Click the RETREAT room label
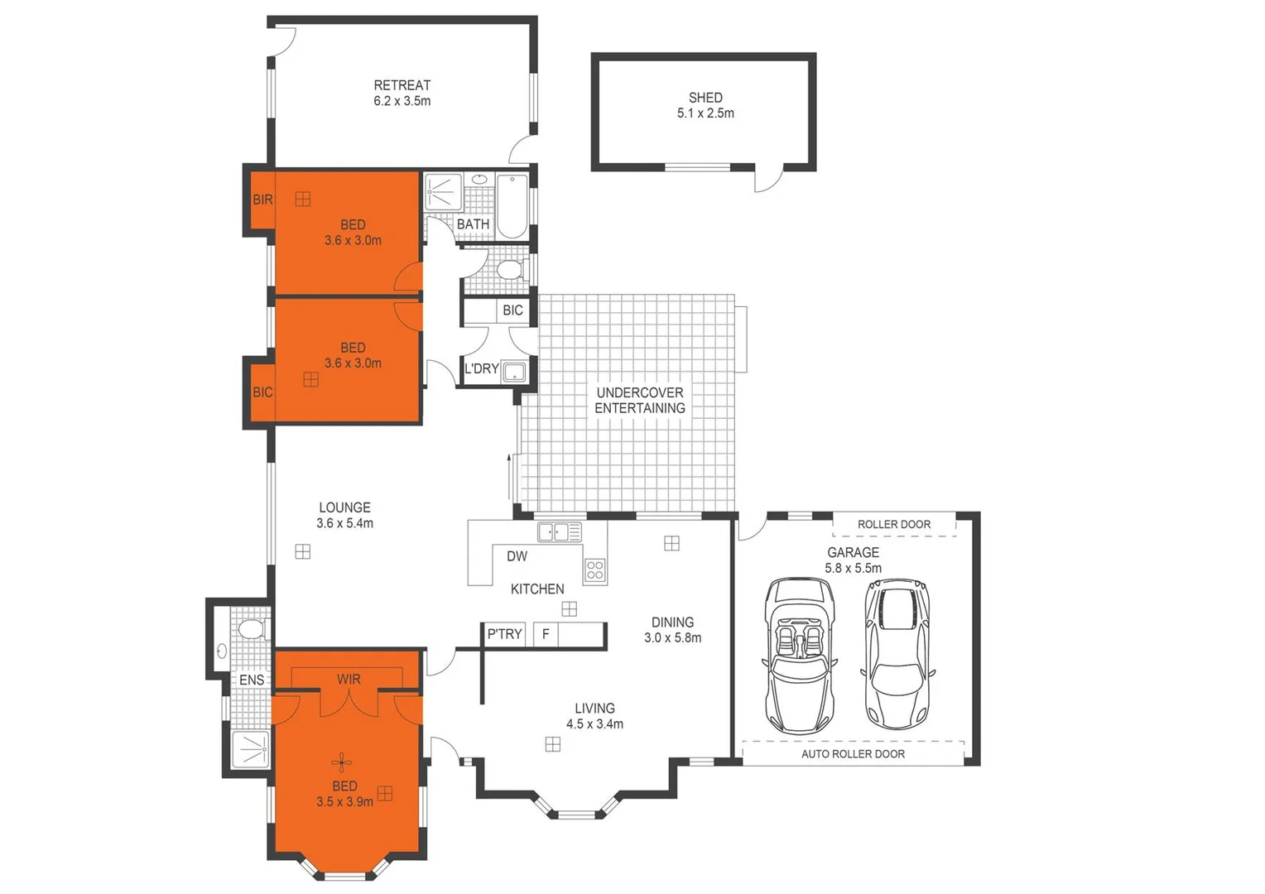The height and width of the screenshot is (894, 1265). point(402,84)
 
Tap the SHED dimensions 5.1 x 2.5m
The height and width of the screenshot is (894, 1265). point(705,113)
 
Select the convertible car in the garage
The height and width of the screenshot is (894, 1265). point(799,656)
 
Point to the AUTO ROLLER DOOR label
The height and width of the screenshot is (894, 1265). point(853,754)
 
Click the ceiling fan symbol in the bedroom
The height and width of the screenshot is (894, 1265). point(342,762)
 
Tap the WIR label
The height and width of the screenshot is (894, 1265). point(349,679)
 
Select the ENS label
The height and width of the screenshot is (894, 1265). point(252,680)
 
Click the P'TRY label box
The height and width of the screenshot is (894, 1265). point(504,634)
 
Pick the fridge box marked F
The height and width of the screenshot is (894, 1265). point(546,634)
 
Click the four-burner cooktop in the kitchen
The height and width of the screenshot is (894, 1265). point(594,569)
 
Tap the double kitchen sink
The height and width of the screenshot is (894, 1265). point(559,531)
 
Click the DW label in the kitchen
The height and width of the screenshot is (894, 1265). point(517,556)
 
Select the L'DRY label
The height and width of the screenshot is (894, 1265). point(481,368)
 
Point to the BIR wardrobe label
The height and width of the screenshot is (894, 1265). point(262,199)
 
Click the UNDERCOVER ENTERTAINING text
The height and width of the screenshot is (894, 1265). point(640,400)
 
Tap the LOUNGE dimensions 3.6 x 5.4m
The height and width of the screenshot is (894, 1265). point(344,523)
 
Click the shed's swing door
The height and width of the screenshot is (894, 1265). point(768,178)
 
